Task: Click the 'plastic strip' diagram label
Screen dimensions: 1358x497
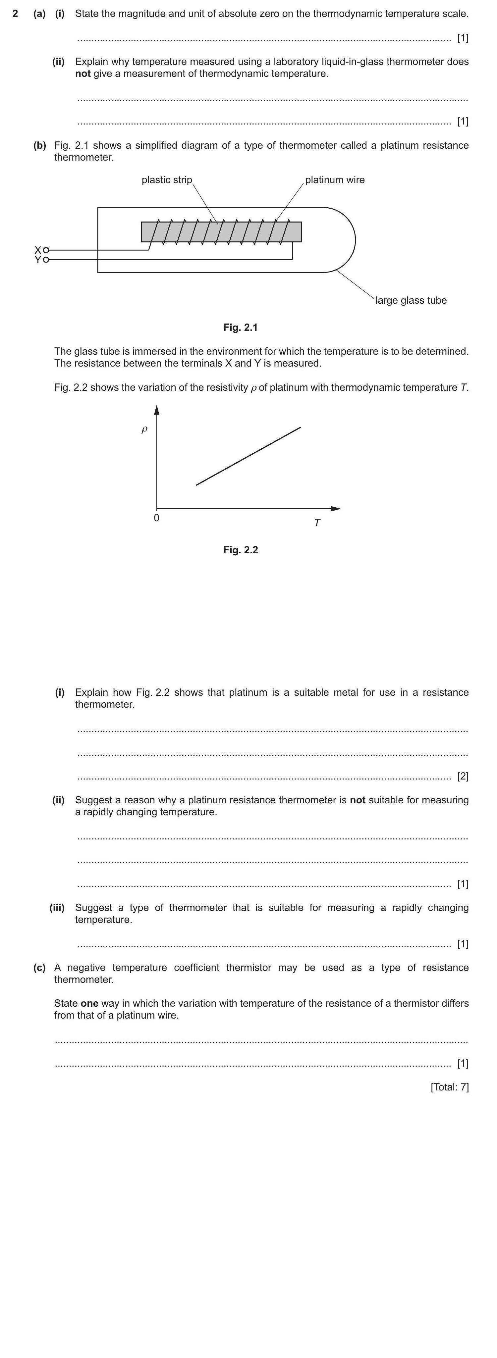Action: click(167, 180)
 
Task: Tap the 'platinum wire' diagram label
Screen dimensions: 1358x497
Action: click(335, 180)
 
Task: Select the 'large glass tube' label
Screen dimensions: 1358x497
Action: click(411, 300)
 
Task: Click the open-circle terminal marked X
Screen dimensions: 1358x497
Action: click(46, 250)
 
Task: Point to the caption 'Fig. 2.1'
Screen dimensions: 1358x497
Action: click(241, 327)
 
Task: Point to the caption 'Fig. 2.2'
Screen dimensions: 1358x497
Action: click(241, 550)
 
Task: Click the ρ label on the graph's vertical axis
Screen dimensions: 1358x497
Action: click(144, 429)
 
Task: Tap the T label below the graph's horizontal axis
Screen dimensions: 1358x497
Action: click(317, 523)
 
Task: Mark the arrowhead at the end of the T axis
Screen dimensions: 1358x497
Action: click(336, 509)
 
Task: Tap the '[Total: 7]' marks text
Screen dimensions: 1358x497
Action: click(450, 1087)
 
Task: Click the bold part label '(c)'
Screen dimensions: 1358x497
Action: click(39, 967)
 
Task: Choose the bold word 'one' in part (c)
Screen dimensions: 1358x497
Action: click(90, 1003)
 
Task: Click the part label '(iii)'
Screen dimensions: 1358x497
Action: click(57, 907)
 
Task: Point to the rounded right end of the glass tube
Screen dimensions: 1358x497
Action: click(354, 240)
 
